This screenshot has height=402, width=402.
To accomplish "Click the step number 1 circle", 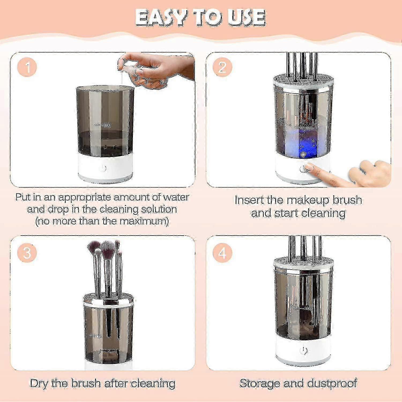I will click(27, 67).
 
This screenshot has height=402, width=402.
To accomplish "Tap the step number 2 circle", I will click(222, 67).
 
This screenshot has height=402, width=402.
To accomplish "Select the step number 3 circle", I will click(27, 253).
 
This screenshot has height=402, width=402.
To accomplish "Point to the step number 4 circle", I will click(222, 253).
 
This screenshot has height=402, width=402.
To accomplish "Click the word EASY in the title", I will click(161, 18).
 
